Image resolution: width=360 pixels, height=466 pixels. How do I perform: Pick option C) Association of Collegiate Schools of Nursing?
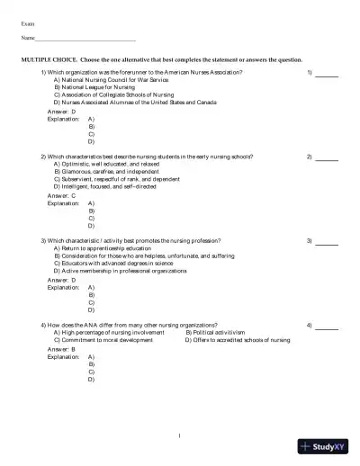click(118, 95)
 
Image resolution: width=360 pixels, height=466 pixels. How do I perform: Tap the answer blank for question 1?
click(327, 73)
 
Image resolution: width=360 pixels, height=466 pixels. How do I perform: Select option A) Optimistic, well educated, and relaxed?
click(109, 165)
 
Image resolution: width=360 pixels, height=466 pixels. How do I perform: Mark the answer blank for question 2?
click(327, 157)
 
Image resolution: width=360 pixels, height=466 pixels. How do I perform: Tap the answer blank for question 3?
click(327, 242)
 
